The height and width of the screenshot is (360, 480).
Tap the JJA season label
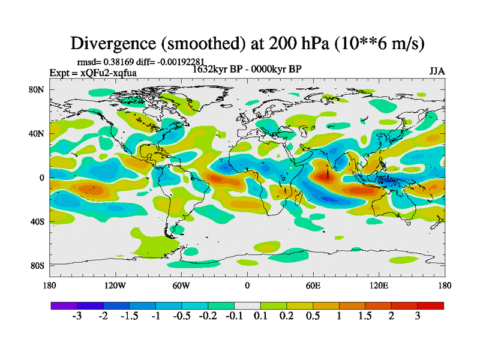(437, 71)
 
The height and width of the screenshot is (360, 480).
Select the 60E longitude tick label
(313, 286)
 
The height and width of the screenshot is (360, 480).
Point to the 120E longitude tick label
(379, 286)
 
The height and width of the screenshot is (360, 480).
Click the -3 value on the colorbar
(76, 316)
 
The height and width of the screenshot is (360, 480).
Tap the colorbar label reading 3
(418, 316)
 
